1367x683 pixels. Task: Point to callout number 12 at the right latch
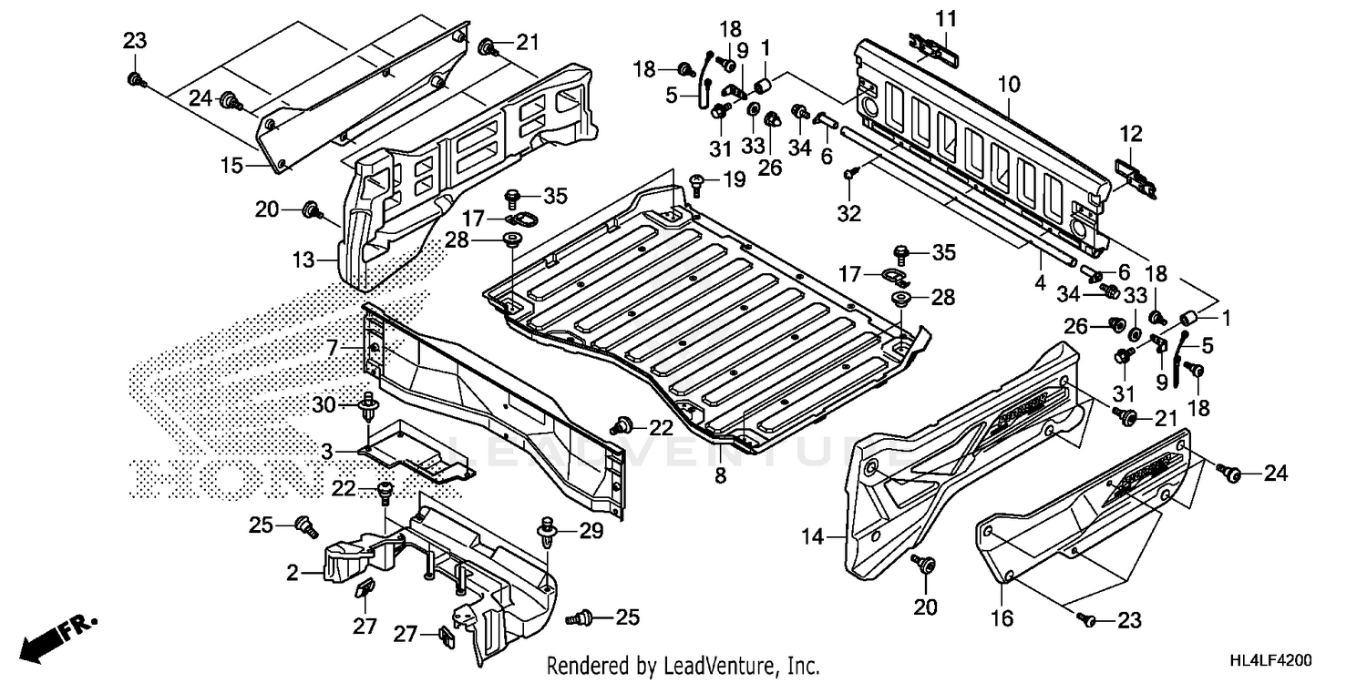(1130, 134)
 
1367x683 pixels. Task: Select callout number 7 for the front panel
(333, 348)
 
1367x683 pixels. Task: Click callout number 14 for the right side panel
(812, 538)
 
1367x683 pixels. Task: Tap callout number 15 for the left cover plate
(231, 165)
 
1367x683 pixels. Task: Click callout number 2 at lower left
(293, 573)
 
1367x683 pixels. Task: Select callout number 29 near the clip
(591, 530)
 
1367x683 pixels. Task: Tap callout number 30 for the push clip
(324, 404)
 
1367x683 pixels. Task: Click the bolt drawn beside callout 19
(698, 184)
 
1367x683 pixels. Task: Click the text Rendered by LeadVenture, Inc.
(683, 666)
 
